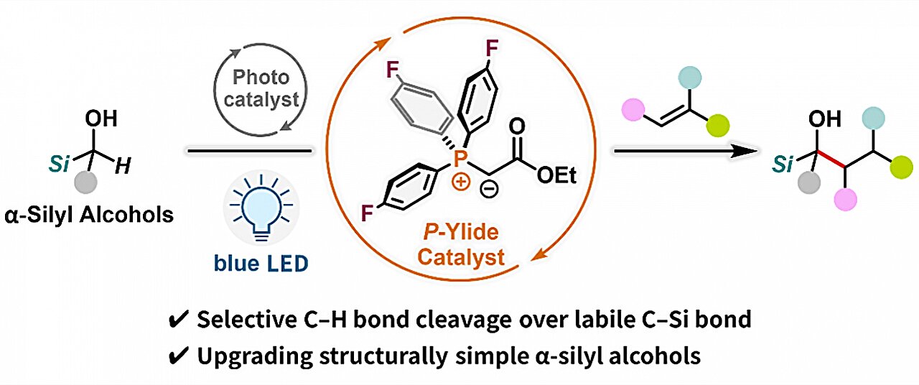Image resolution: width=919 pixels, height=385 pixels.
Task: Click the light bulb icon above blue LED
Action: pyautogui.click(x=261, y=208)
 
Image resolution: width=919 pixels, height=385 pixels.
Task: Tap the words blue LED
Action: pyautogui.click(x=261, y=263)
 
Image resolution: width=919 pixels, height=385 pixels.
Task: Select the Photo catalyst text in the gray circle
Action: pyautogui.click(x=261, y=88)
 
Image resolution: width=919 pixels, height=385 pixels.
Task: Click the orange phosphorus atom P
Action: pyautogui.click(x=461, y=159)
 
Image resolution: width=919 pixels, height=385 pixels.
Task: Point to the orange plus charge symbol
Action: pyautogui.click(x=460, y=182)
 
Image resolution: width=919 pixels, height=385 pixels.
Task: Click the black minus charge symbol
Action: pyautogui.click(x=489, y=189)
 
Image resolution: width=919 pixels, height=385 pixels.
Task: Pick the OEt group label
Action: pyautogui.click(x=556, y=176)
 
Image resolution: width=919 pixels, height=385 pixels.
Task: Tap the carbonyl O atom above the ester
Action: pyautogui.click(x=517, y=126)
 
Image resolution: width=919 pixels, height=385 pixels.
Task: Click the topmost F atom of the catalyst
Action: pyautogui.click(x=492, y=48)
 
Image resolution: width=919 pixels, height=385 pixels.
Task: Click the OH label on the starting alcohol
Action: pyautogui.click(x=101, y=119)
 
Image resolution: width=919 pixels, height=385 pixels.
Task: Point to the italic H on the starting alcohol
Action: pyautogui.click(x=123, y=167)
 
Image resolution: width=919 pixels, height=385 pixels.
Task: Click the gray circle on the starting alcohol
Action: pyautogui.click(x=85, y=182)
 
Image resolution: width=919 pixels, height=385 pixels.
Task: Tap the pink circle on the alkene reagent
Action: pyautogui.click(x=633, y=110)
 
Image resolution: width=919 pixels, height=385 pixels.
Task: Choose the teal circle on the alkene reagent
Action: pyautogui.click(x=689, y=78)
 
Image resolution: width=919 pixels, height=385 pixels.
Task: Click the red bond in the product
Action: pyautogui.click(x=831, y=159)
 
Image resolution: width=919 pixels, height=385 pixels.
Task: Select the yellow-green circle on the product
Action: pyautogui.click(x=901, y=167)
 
